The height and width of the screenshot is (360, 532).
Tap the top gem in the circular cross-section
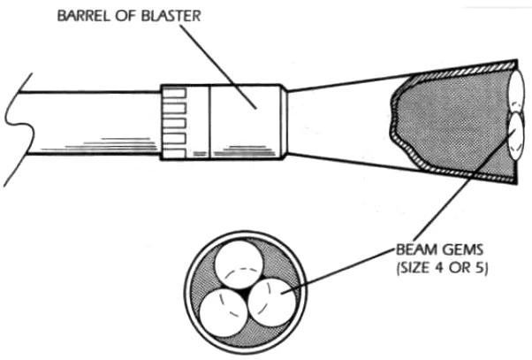[239, 264]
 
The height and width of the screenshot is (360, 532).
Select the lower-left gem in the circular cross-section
[223, 312]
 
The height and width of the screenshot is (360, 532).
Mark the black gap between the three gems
[247, 293]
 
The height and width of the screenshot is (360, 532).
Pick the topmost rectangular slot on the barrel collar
[174, 93]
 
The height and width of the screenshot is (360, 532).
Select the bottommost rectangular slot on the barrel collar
[174, 154]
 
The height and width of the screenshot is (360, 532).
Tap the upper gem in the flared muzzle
[518, 90]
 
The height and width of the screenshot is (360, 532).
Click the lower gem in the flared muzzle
[517, 136]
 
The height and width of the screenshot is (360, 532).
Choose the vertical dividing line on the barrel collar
[210, 122]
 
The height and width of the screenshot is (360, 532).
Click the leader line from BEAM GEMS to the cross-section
[338, 272]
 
